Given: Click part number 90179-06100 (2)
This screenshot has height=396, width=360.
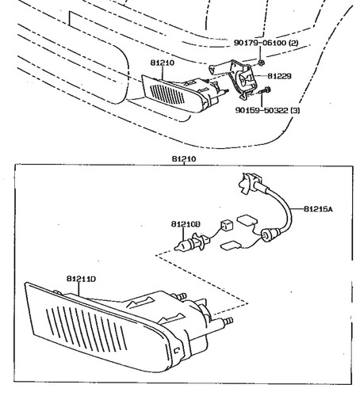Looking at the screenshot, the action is coord(266,43).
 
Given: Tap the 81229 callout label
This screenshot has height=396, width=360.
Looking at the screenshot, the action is coord(279,76).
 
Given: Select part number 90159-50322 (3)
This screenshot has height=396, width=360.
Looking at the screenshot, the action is coord(267,110).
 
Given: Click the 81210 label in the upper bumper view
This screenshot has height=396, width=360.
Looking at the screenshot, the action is coord(163,63).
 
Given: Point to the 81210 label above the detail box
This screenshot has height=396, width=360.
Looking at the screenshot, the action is coord(184,159).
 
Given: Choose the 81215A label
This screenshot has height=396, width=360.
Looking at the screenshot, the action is coord(318,209).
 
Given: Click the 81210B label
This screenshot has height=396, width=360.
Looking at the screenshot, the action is coord(186,224).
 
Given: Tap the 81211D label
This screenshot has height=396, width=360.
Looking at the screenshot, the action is coord(81,279).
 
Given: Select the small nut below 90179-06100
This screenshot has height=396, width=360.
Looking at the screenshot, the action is coord(262,63).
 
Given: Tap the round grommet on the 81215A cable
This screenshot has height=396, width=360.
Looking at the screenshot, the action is coord(267,235).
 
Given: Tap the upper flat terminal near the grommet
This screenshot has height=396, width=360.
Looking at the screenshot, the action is coord(247,220).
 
